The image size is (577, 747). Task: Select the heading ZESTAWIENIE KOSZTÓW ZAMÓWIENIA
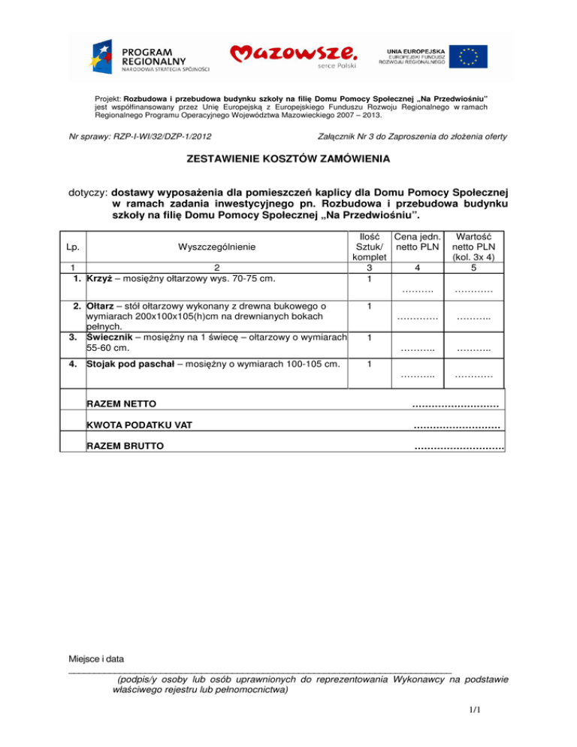point(288,160)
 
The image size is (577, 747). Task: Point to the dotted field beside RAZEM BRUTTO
point(458,448)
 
